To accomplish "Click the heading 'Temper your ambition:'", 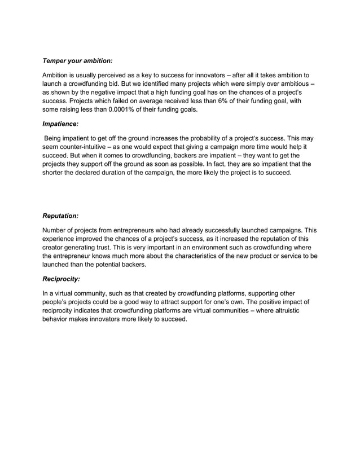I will (78, 60).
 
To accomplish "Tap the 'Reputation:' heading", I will (60, 216).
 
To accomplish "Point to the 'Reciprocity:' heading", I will (62, 279).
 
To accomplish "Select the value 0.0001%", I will (121, 110).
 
